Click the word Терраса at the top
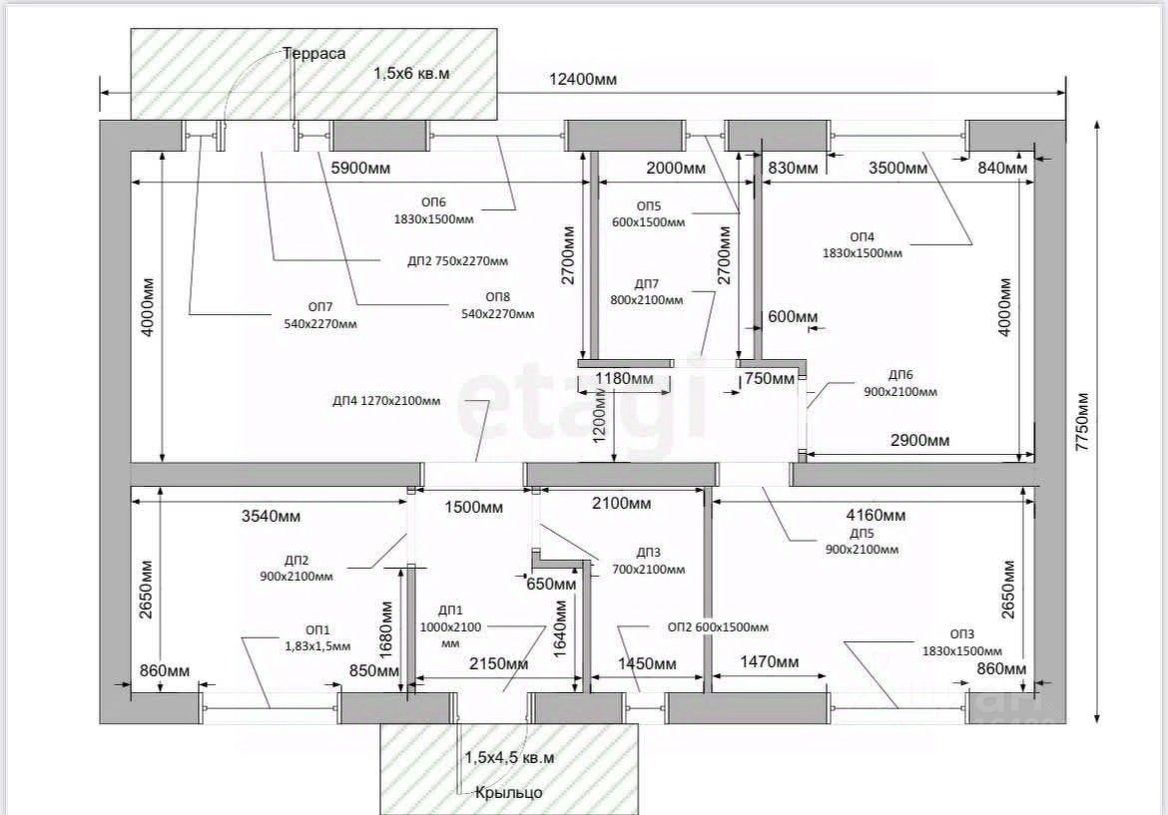[313, 54]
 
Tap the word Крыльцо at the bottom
[509, 792]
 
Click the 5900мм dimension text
[359, 168]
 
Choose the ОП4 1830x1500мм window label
[862, 244]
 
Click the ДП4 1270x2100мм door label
[386, 401]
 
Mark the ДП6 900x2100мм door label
[899, 383]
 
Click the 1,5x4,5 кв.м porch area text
[509, 758]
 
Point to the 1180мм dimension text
[625, 379]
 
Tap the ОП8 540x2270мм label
[496, 305]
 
